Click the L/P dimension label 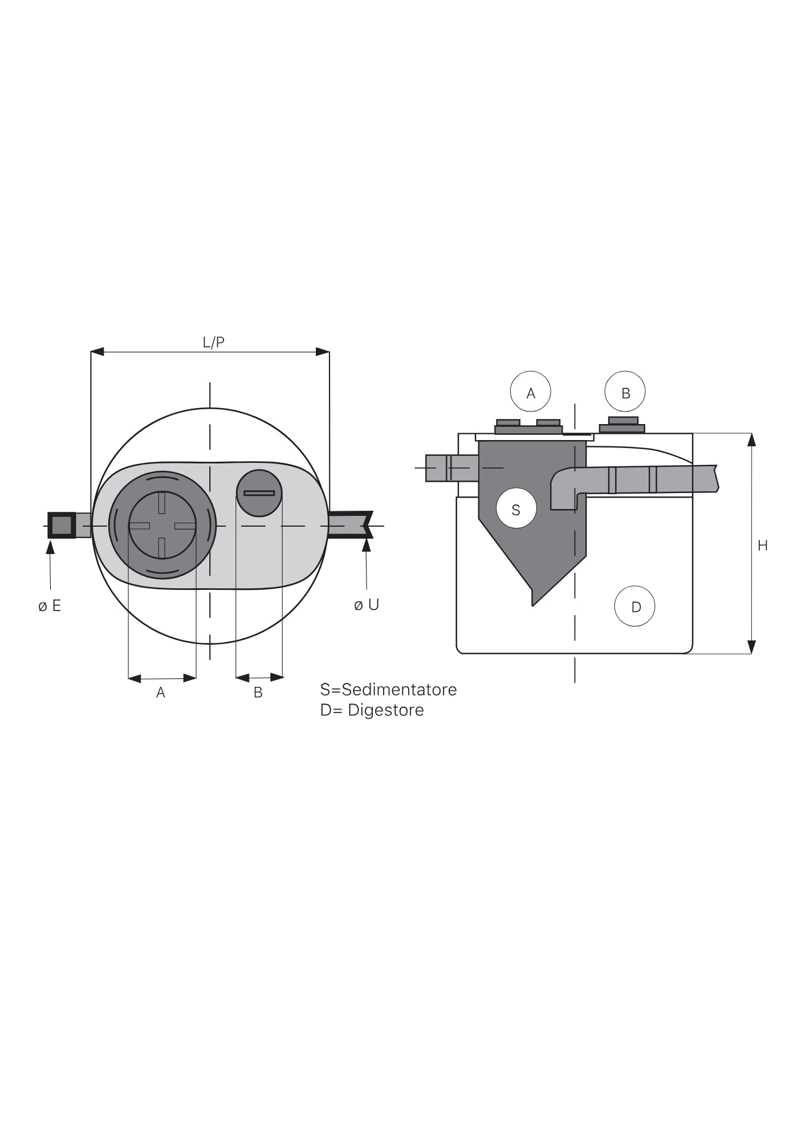tap(214, 342)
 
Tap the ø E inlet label tap(50, 606)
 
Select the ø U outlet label tap(367, 605)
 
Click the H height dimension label tap(763, 546)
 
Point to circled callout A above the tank tap(531, 392)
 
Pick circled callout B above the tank tap(625, 392)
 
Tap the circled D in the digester tap(635, 606)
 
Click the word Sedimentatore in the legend tap(399, 690)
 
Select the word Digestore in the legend tap(386, 710)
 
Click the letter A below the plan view tap(161, 693)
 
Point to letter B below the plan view tap(258, 693)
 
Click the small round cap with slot tap(259, 493)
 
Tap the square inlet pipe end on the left tap(62, 525)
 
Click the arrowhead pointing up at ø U tap(367, 544)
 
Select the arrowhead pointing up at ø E tap(50, 546)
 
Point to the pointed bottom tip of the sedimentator tap(532, 605)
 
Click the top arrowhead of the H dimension tap(751, 440)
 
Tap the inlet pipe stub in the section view tap(452, 468)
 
